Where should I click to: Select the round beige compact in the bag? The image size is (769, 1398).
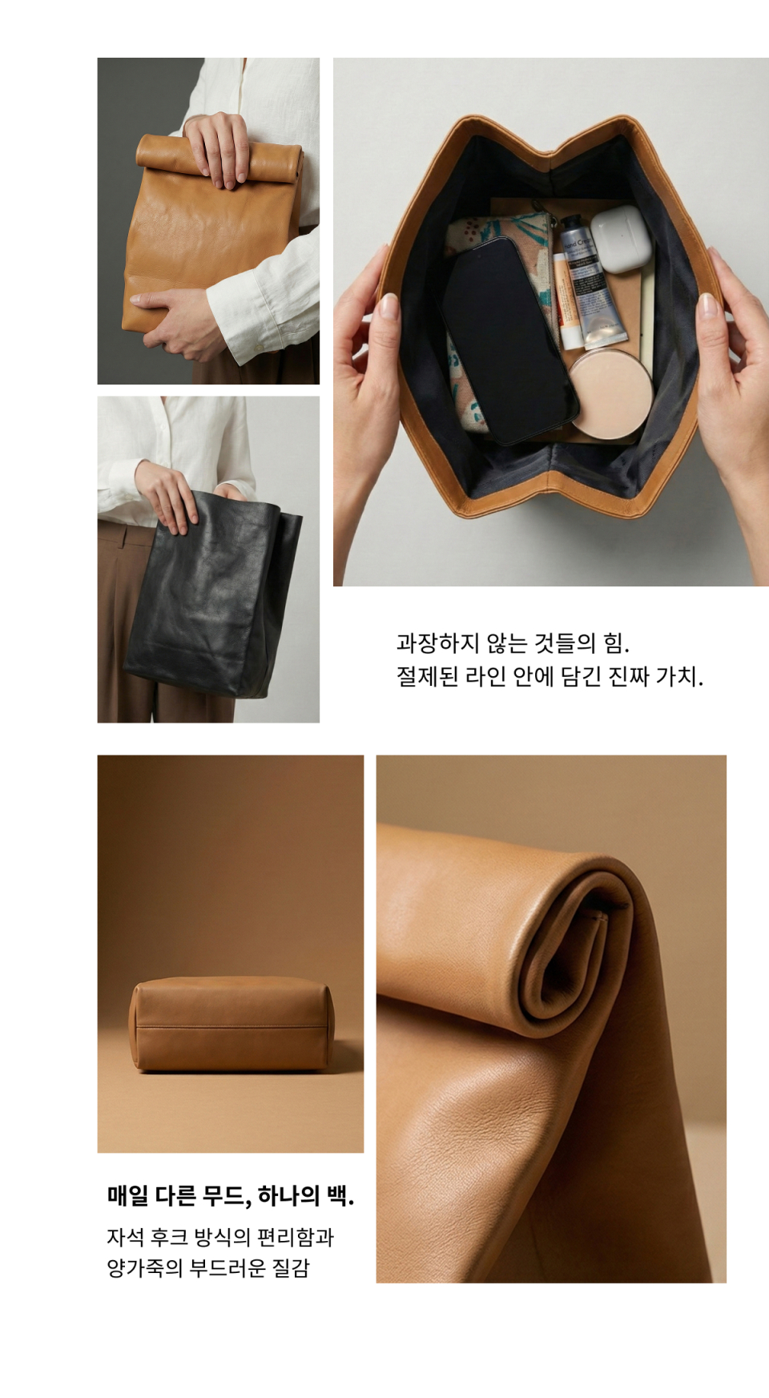[x=610, y=393]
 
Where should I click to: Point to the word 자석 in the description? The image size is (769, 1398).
[x=126, y=1238]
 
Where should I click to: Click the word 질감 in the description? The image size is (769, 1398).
[x=291, y=1268]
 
